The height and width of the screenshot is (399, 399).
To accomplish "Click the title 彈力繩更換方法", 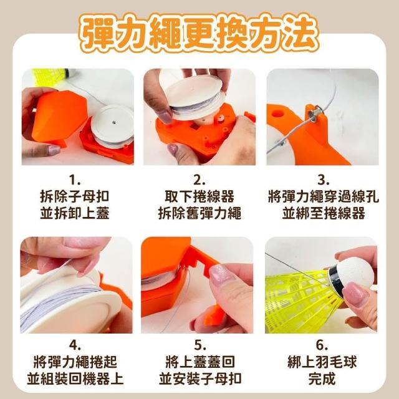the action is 199,32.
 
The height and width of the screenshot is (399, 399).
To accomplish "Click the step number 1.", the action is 75,181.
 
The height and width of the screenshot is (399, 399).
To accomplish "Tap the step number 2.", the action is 199,181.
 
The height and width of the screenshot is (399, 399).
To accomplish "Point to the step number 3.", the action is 324,181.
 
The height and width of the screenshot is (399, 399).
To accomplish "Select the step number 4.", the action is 75,345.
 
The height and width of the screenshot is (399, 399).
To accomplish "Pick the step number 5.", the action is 199,345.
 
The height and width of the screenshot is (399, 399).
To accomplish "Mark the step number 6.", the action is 322,345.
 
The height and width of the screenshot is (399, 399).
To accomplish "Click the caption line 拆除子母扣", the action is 75,196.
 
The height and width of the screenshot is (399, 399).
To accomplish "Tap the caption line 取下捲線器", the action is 199,196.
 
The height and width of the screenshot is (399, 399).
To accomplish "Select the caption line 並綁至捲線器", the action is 324,213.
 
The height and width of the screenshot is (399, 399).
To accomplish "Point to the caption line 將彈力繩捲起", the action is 75,362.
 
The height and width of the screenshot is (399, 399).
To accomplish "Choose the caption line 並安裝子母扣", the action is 200,378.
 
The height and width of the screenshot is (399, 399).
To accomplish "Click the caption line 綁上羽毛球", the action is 322,362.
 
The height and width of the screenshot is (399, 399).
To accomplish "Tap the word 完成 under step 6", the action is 322,378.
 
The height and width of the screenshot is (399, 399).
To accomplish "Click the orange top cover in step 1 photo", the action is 60,117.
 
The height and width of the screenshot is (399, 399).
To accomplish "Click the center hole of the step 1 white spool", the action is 113,122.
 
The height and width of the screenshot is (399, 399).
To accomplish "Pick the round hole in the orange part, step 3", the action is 277,113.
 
